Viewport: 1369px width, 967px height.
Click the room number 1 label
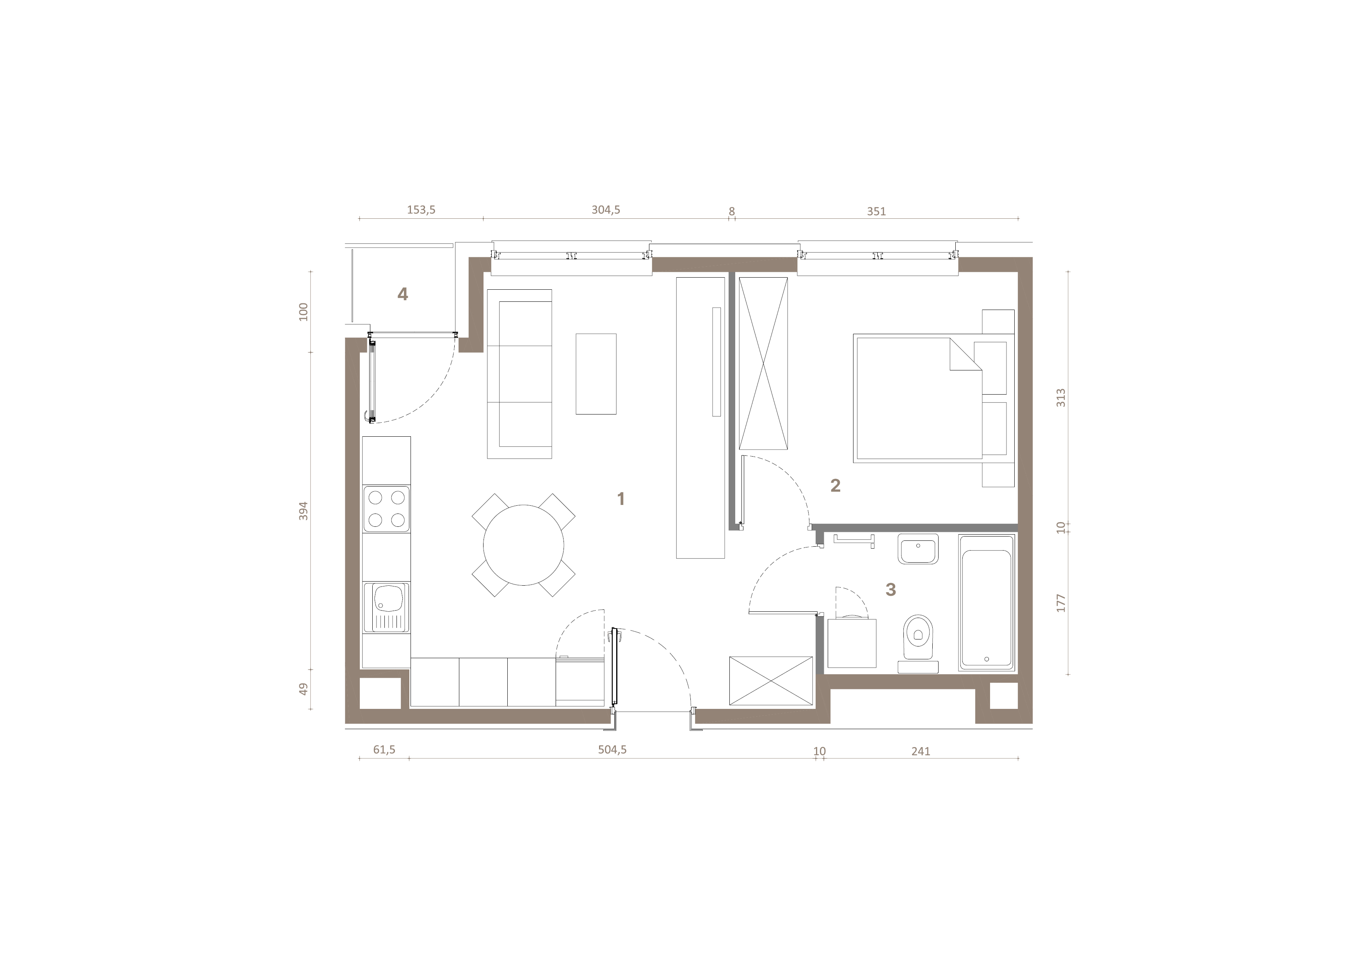click(621, 499)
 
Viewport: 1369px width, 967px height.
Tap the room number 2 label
click(836, 485)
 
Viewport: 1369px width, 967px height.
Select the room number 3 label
click(891, 589)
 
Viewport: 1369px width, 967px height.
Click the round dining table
click(523, 545)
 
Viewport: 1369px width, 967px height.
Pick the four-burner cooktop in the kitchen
click(386, 509)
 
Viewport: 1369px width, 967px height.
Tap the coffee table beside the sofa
click(596, 374)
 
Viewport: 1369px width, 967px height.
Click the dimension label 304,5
click(606, 210)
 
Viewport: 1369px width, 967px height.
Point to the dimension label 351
click(877, 211)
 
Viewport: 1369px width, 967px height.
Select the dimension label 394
click(304, 511)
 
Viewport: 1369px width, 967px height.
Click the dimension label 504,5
click(612, 749)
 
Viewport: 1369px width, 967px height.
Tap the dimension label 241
click(921, 751)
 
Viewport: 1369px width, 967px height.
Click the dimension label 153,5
click(421, 210)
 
